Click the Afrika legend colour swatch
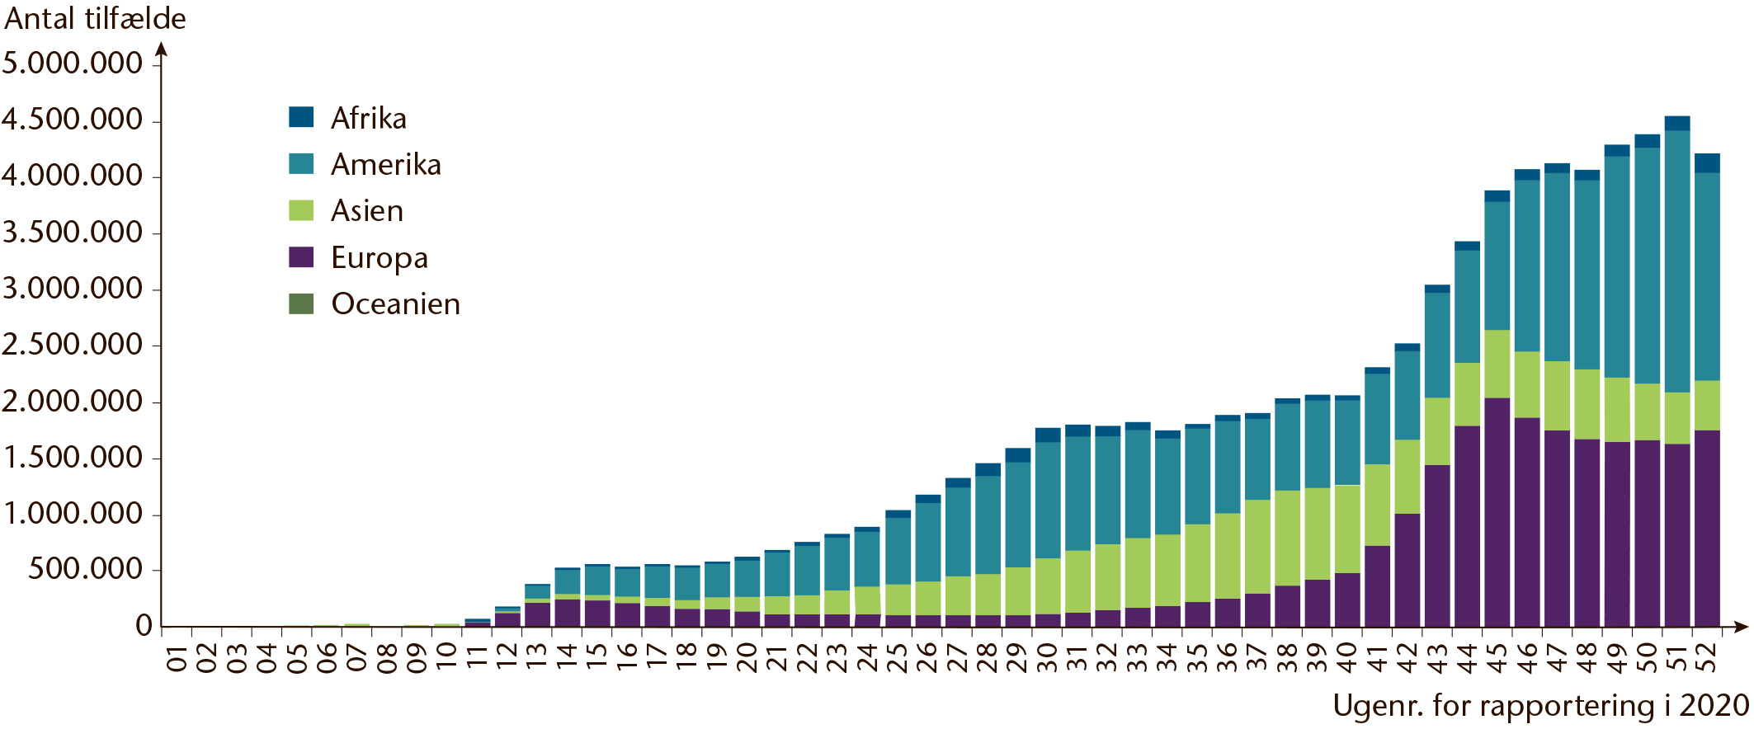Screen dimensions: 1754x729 click(x=301, y=117)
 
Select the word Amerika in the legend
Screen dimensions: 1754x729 click(x=386, y=165)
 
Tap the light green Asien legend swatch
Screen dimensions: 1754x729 click(x=301, y=210)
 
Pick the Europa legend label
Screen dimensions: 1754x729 click(x=380, y=258)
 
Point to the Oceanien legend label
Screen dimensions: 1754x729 click(x=396, y=304)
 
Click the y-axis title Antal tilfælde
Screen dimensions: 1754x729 click(x=96, y=18)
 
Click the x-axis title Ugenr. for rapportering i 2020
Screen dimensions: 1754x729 click(x=1540, y=706)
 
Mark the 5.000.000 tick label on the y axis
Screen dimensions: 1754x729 click(x=73, y=63)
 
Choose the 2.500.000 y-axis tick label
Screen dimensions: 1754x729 click(x=73, y=345)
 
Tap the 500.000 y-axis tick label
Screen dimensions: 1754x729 click(x=86, y=569)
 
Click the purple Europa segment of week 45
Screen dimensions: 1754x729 click(x=1497, y=512)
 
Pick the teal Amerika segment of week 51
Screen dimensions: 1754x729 click(x=1677, y=261)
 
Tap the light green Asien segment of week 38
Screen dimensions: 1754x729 click(x=1288, y=539)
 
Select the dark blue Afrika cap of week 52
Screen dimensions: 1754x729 click(x=1707, y=163)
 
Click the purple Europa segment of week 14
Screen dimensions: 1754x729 click(x=567, y=613)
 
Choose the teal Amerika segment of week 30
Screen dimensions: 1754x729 click(x=1048, y=501)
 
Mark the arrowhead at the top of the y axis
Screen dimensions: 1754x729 click(x=162, y=49)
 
